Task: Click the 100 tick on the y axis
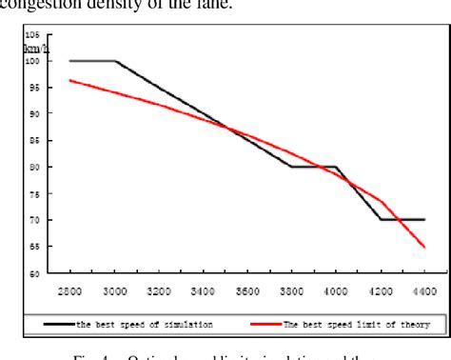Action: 31,60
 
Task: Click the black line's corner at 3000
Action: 115,61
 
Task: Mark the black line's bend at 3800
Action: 291,167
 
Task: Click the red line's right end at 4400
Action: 424,247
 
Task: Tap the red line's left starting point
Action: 70,80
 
